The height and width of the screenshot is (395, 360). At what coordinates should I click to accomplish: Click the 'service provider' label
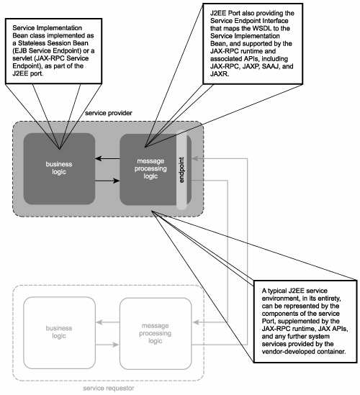pos(109,113)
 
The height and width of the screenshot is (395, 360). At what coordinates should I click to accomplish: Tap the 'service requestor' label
pos(109,389)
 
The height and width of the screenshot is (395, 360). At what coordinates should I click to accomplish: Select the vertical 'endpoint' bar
pos(181,170)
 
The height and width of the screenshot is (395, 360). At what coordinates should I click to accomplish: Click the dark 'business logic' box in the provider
pos(59,168)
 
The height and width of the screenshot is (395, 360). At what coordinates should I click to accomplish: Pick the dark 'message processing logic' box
pos(150,169)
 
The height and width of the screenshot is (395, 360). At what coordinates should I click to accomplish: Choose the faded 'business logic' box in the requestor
pos(59,332)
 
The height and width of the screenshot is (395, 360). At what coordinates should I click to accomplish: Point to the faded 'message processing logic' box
pos(156,334)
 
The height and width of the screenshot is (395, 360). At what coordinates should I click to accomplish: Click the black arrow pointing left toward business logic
pos(107,158)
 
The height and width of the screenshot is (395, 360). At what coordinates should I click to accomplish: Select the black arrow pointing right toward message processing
pos(107,181)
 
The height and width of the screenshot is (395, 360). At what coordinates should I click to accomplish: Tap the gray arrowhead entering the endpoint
pos(194,158)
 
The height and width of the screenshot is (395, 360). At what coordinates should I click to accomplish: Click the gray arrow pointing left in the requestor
pos(108,322)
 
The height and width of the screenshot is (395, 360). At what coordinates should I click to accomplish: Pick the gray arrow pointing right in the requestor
pos(107,345)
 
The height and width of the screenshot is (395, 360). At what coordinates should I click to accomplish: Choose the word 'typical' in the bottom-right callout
pos(276,291)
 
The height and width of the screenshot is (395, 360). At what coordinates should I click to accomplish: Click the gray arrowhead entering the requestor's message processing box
pos(195,322)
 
